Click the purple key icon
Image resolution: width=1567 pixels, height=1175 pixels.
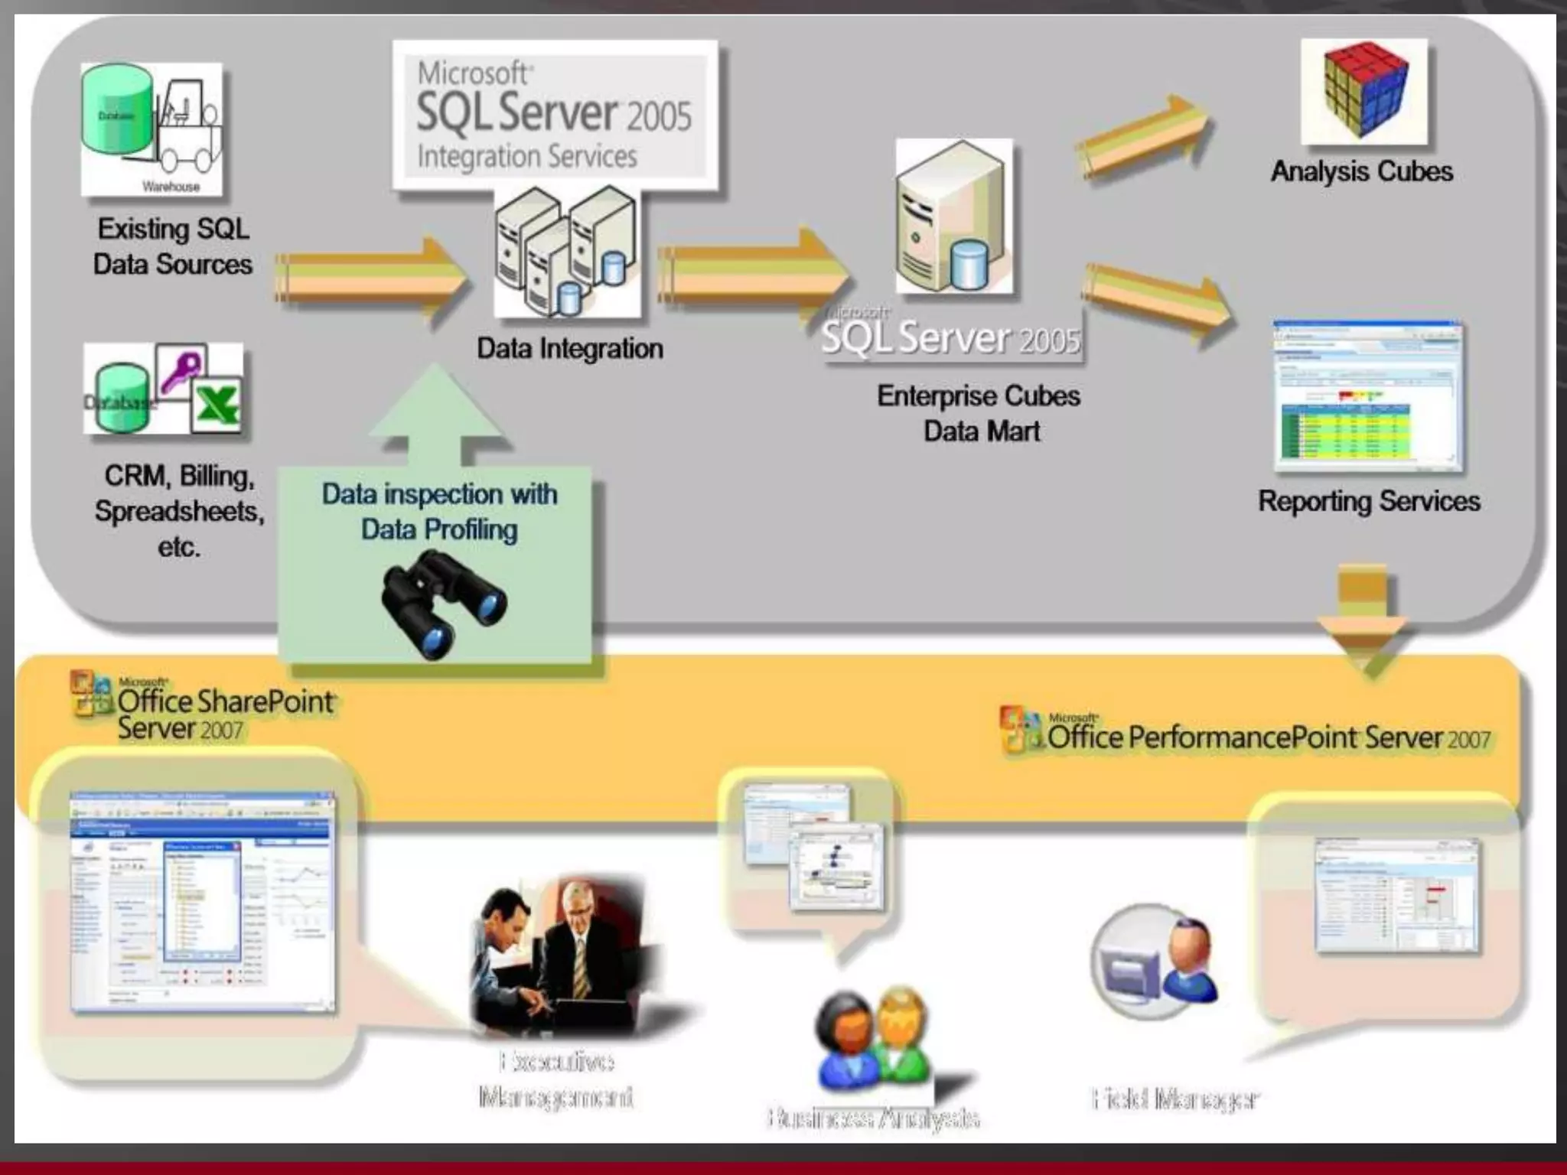(x=181, y=370)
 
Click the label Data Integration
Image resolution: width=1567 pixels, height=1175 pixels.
(x=569, y=349)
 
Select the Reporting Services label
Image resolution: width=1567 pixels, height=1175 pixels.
(x=1369, y=502)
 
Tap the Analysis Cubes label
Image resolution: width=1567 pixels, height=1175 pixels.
(x=1361, y=171)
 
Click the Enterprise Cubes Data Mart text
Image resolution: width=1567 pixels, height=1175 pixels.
(x=979, y=413)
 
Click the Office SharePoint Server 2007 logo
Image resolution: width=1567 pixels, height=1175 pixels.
(x=203, y=707)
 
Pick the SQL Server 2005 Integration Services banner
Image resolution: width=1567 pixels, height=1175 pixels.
(x=555, y=115)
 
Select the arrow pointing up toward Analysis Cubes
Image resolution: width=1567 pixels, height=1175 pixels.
(x=1144, y=138)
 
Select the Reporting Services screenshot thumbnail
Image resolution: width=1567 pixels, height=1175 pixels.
(x=1367, y=395)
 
